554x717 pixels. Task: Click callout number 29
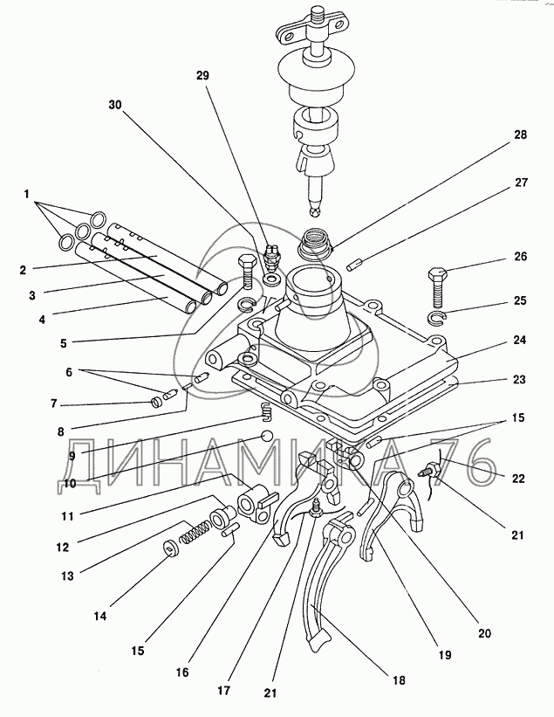tap(202, 77)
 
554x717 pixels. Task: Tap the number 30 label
tap(116, 103)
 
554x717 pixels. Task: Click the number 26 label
tap(522, 259)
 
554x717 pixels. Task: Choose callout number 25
tap(522, 300)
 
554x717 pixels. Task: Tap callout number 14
tap(100, 617)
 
